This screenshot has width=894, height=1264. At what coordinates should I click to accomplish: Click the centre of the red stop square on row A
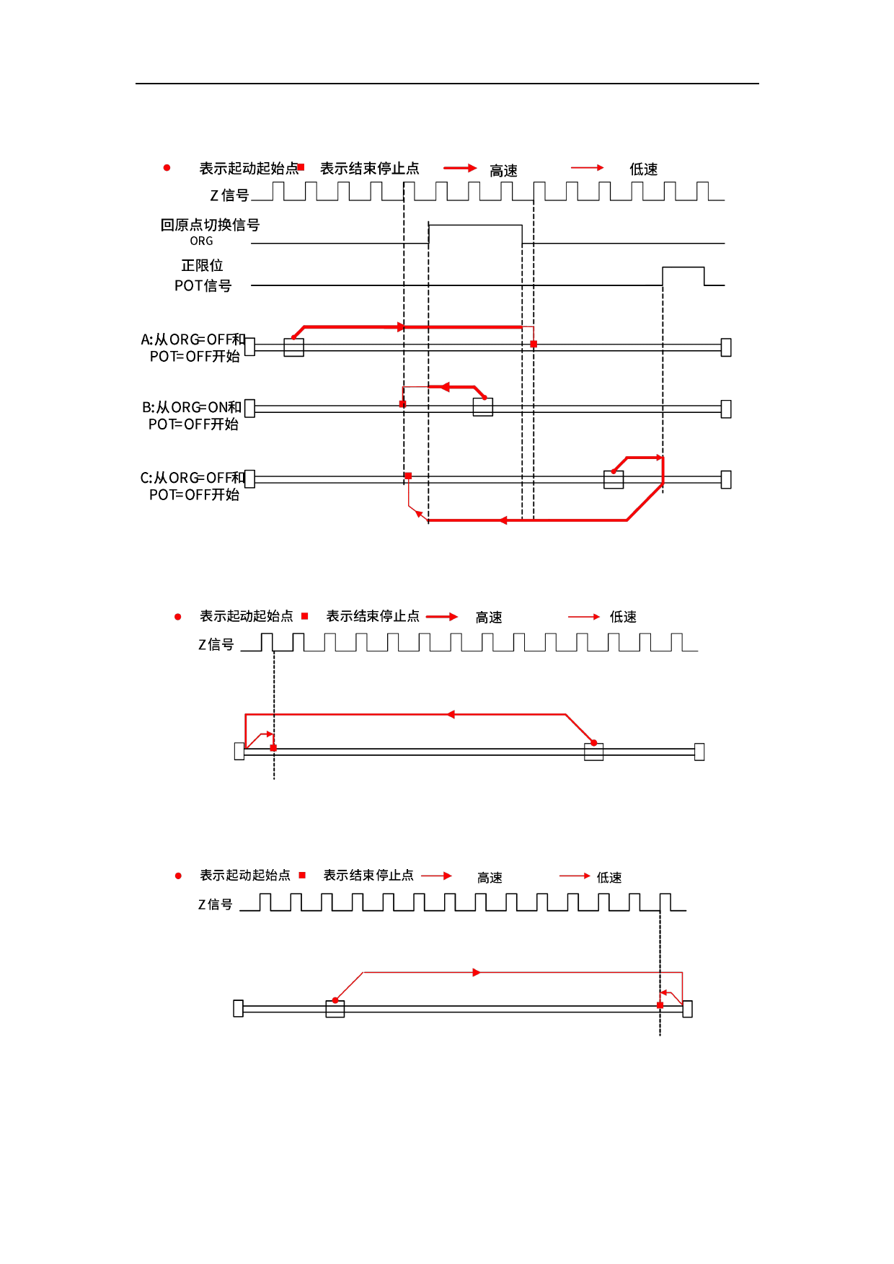534,344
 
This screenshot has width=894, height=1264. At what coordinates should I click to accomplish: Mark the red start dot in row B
484,398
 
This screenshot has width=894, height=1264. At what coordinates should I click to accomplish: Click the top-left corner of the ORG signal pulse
429,225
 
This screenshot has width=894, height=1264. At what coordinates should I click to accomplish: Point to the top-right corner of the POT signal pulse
704,267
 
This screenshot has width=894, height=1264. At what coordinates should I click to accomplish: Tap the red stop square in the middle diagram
273,748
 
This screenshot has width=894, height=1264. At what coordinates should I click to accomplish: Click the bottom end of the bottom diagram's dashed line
660,1036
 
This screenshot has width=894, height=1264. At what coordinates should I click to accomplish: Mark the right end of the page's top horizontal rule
758,84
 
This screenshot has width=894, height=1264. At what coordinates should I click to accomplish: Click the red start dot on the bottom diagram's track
335,1000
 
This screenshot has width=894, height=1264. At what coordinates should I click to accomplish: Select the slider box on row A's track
294,347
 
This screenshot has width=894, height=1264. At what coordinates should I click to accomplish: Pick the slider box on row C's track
614,479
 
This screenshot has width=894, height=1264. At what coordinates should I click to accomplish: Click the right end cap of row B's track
726,409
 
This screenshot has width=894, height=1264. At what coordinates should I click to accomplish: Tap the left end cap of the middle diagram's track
239,752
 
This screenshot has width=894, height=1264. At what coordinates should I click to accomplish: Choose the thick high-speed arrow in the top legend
460,168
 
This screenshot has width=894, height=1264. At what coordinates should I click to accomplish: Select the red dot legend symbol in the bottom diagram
178,876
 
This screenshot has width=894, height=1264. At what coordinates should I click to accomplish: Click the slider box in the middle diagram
593,752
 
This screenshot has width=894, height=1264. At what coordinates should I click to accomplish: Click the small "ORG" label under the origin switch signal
202,241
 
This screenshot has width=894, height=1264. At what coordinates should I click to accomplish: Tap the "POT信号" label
203,286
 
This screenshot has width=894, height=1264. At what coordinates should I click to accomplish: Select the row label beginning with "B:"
192,416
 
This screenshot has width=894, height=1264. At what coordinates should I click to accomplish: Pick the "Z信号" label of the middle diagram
216,644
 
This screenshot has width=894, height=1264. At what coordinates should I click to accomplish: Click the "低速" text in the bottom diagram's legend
609,878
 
